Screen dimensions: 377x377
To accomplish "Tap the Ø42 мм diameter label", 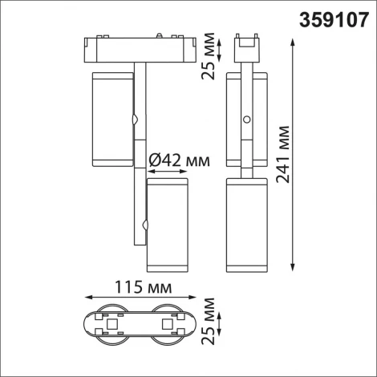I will pos(180,161).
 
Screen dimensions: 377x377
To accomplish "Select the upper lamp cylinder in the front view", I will pos(113,119).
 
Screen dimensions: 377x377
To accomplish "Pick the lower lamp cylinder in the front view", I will pos(167,226).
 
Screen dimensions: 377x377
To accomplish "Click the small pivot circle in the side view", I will pos(246,120).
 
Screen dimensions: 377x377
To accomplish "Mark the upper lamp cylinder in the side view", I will pos(246,119).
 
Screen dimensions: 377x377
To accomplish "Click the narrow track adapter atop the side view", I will pos(247,48).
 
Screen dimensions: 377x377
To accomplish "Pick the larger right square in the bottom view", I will pos(167,323).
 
